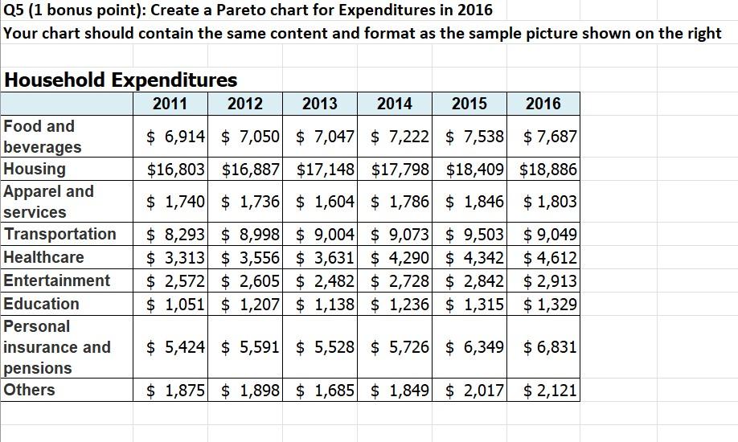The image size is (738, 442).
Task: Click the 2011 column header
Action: click(x=170, y=104)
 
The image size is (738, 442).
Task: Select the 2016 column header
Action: click(x=543, y=104)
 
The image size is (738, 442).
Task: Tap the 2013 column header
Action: click(x=319, y=104)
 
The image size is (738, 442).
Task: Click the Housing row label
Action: click(x=35, y=169)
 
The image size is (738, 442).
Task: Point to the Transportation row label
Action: click(x=60, y=234)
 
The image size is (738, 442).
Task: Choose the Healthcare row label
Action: click(x=44, y=257)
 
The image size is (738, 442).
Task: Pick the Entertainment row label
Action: click(x=57, y=280)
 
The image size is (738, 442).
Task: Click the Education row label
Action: click(x=42, y=304)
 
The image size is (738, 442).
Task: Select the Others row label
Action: click(x=30, y=390)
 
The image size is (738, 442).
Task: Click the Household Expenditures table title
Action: click(x=121, y=80)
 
